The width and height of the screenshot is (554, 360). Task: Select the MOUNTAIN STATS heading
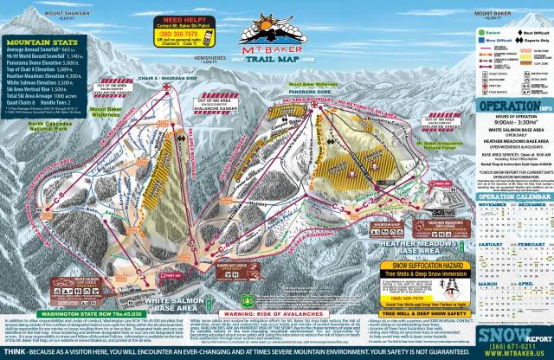(39, 40)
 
